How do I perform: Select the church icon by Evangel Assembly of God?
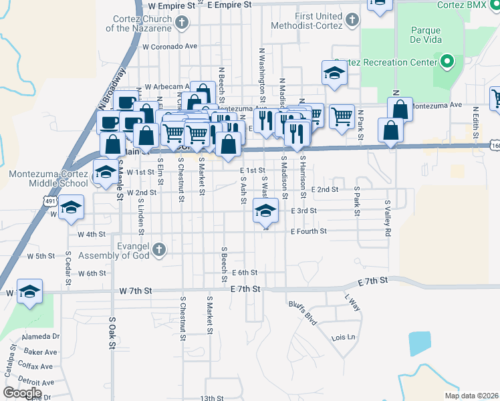point(158,250)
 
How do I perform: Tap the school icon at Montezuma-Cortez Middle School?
point(104,172)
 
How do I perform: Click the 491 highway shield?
point(52,200)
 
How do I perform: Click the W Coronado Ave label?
point(169,47)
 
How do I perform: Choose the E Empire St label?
point(229,4)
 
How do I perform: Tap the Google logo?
point(23,392)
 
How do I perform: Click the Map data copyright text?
point(473,396)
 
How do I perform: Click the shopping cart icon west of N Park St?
point(342,116)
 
